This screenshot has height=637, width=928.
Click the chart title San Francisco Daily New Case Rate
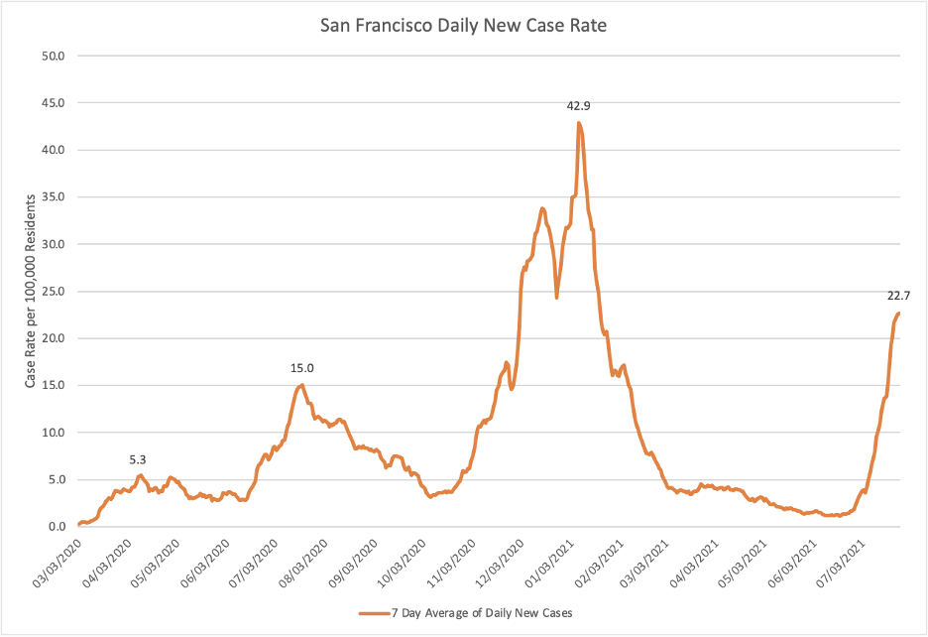tap(463, 26)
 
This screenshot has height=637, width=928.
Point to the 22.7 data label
tap(899, 295)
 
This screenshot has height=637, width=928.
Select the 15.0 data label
tap(302, 368)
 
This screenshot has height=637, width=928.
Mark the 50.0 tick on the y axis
tap(52, 56)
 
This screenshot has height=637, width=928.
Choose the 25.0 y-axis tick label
tap(52, 292)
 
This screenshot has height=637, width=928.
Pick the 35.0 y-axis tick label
tap(52, 197)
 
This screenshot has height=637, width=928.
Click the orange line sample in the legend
tap(375, 613)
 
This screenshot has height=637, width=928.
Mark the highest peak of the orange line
tap(579, 122)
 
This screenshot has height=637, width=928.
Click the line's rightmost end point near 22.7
tap(898, 314)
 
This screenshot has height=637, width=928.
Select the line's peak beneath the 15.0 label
tap(302, 385)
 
